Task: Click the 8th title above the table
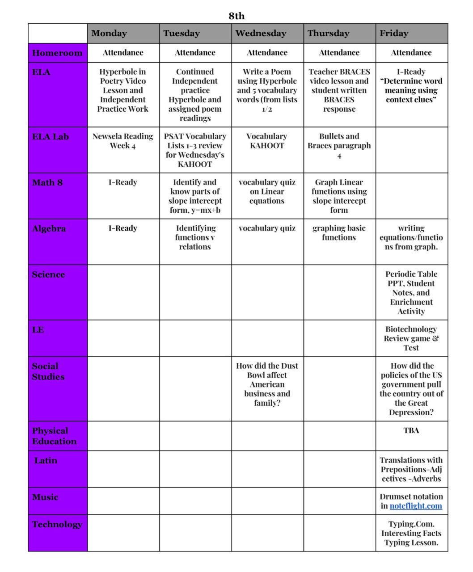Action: (236, 16)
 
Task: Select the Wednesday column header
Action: (261, 34)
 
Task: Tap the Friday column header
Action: (394, 34)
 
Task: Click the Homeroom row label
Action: (57, 53)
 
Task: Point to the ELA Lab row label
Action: (51, 137)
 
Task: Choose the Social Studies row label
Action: (48, 371)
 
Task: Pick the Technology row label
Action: (57, 524)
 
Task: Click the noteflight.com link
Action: (416, 506)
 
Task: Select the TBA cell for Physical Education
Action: (411, 431)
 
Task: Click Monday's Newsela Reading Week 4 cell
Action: (123, 141)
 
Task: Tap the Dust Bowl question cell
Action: (267, 384)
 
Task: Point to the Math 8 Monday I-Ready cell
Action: (123, 182)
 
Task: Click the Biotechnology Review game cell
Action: (411, 338)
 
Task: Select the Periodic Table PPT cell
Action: (411, 293)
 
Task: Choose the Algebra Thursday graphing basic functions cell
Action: (339, 233)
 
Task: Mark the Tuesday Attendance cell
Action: (195, 53)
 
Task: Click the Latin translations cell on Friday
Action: (411, 469)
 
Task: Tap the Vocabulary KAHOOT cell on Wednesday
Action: (267, 141)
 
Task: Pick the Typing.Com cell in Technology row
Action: (411, 533)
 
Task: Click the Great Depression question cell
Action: (411, 389)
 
